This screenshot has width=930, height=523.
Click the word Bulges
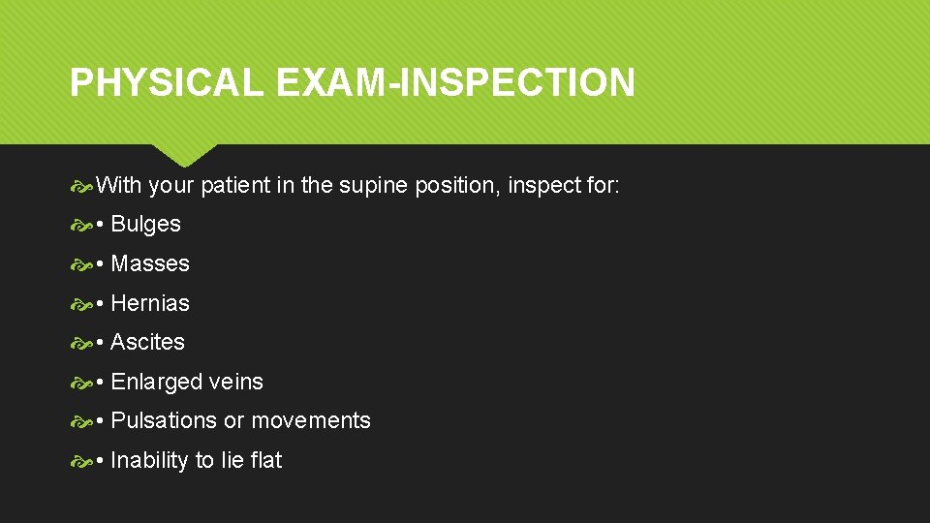pyautogui.click(x=145, y=224)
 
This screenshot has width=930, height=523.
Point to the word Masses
pyautogui.click(x=150, y=263)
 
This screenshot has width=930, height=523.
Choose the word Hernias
pyautogui.click(x=150, y=303)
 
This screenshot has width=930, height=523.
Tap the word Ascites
pyautogui.click(x=147, y=342)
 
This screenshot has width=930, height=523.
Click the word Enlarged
pyautogui.click(x=157, y=382)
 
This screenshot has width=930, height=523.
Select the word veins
pyautogui.click(x=236, y=382)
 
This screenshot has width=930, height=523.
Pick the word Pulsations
pyautogui.click(x=164, y=420)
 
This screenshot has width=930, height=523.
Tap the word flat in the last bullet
pyautogui.click(x=265, y=460)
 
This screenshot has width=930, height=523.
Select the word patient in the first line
pyautogui.click(x=236, y=185)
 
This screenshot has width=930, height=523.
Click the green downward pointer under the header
pyautogui.click(x=184, y=154)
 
